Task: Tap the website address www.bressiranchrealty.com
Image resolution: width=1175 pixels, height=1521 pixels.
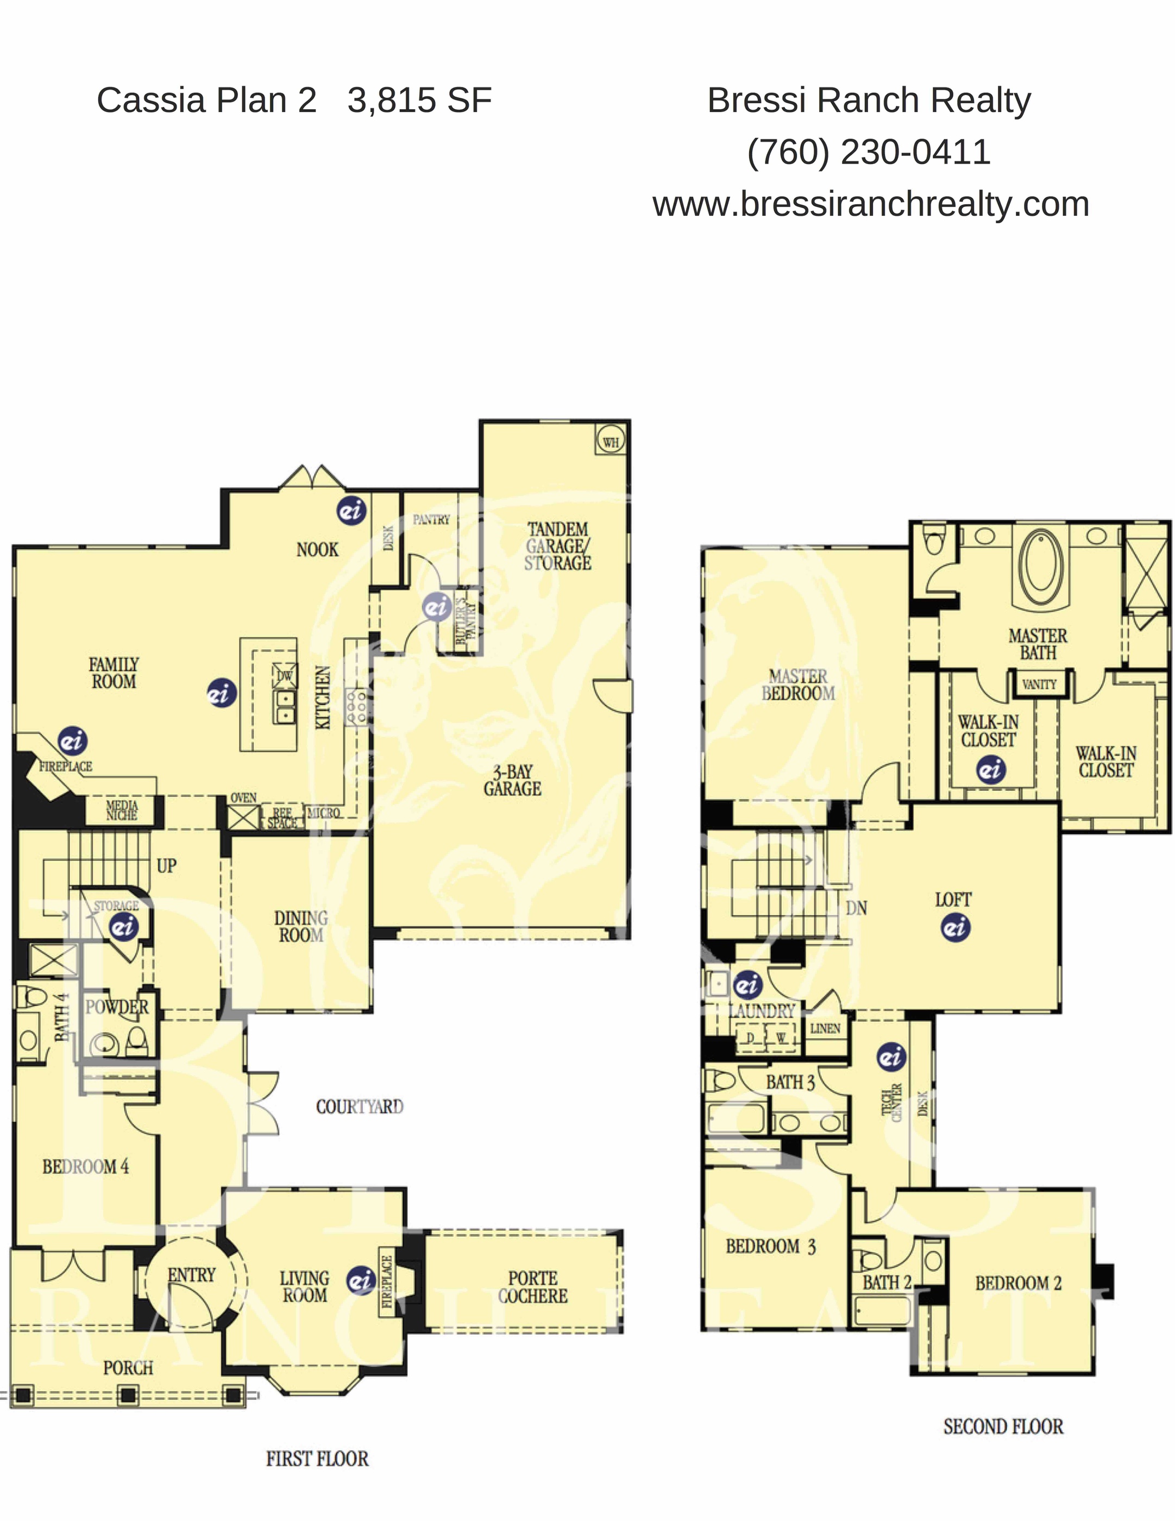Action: coord(871,204)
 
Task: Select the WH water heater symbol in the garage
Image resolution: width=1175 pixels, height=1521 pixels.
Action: coord(610,442)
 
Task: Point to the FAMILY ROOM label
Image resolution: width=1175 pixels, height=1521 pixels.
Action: coord(114,672)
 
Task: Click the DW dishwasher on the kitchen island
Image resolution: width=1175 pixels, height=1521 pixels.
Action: coord(285,676)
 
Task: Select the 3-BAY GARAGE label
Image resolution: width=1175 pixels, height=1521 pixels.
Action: coord(513,780)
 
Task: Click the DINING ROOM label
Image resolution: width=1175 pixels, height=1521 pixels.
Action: coord(301,926)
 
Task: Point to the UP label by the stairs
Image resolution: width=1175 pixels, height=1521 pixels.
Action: coord(166,866)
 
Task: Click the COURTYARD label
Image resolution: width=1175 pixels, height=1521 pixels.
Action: coord(360,1107)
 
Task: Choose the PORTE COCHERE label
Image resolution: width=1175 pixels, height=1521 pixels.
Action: coord(533,1287)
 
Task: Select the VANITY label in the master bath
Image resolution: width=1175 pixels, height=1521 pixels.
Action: coord(1039,684)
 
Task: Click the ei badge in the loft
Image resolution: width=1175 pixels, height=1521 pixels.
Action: coord(956,927)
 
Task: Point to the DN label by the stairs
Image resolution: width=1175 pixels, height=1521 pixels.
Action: coord(856,908)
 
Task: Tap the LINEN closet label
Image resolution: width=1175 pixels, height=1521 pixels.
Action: coord(825,1028)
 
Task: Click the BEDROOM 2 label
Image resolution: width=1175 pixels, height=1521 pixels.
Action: coord(1017,1283)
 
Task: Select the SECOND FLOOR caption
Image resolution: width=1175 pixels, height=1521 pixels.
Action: coord(1003,1426)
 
